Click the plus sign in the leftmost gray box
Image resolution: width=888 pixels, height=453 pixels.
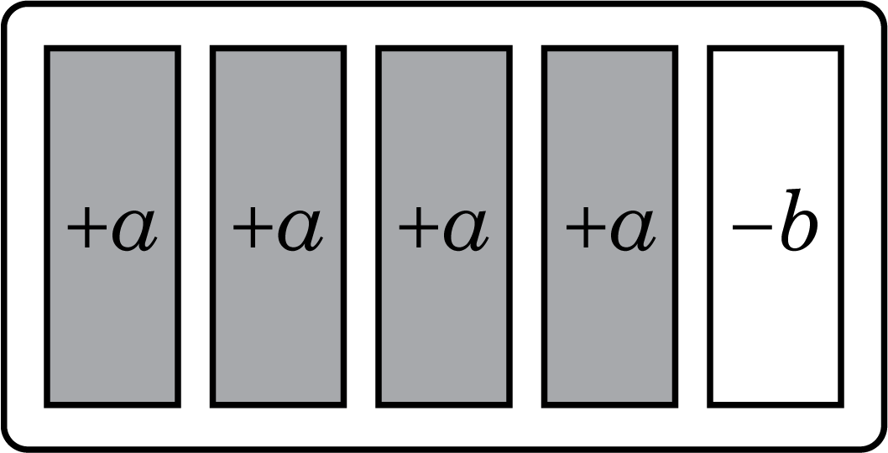pyautogui.click(x=87, y=227)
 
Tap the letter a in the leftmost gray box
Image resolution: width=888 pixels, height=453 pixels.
pyautogui.click(x=134, y=230)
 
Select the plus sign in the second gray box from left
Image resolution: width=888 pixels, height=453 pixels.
pyautogui.click(x=253, y=227)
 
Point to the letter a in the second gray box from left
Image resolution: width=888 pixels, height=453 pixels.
pyautogui.click(x=300, y=230)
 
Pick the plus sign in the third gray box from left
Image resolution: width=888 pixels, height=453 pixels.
pyautogui.click(x=419, y=227)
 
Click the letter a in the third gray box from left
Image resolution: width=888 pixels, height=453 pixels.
pyautogui.click(x=466, y=230)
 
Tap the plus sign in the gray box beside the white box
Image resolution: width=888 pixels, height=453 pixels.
pyautogui.click(x=585, y=227)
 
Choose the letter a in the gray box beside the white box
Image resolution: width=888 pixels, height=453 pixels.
pyautogui.click(x=633, y=230)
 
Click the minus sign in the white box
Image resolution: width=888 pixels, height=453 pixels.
pyautogui.click(x=752, y=227)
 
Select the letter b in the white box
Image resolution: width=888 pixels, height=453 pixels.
pyautogui.click(x=799, y=221)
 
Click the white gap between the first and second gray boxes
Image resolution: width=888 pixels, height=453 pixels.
pyautogui.click(x=196, y=226)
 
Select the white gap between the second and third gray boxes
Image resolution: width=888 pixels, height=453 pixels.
pyautogui.click(x=361, y=226)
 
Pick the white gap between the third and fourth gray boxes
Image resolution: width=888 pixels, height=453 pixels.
pyautogui.click(x=527, y=226)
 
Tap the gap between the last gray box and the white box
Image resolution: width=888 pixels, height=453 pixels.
pyautogui.click(x=692, y=226)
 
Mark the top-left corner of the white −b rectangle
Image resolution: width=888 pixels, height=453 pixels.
pyautogui.click(x=710, y=48)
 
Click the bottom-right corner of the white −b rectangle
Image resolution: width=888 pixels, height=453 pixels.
pyautogui.click(x=841, y=405)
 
